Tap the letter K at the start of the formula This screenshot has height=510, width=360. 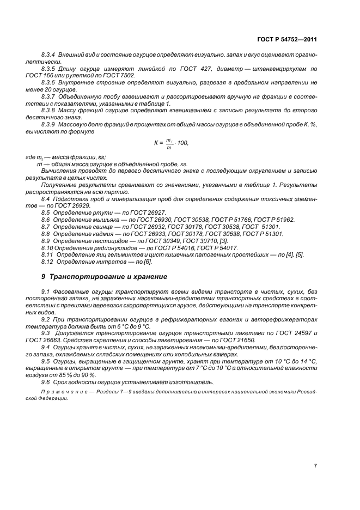click(x=155, y=143)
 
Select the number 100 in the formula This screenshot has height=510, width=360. click(x=182, y=143)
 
